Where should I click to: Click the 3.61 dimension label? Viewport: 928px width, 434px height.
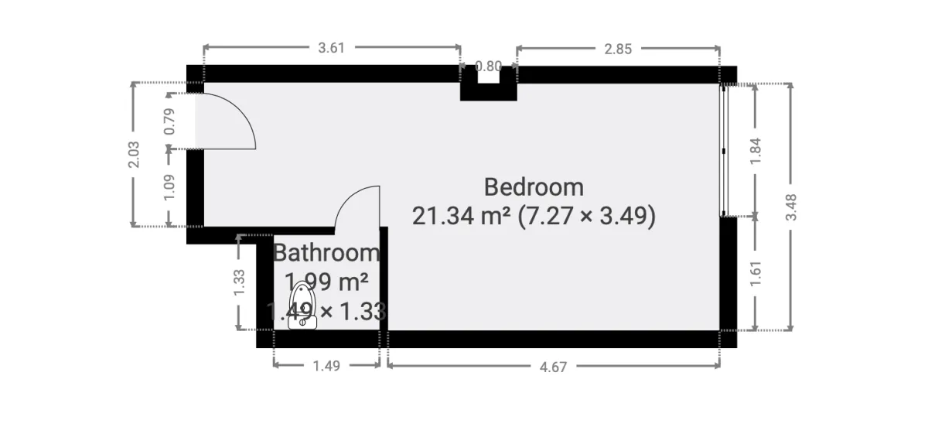pyautogui.click(x=331, y=48)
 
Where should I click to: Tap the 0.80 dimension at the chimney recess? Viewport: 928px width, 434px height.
pyautogui.click(x=489, y=67)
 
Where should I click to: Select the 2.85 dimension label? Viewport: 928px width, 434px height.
pyautogui.click(x=618, y=48)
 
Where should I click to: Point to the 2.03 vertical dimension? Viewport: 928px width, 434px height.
pyautogui.click(x=134, y=155)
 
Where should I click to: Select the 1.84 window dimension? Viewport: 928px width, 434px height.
pyautogui.click(x=756, y=150)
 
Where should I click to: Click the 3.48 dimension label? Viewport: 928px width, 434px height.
pyautogui.click(x=790, y=207)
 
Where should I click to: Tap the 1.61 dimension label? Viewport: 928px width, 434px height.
pyautogui.click(x=756, y=273)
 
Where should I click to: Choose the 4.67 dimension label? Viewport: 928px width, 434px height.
pyautogui.click(x=553, y=367)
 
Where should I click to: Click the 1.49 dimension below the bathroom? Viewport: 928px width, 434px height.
pyautogui.click(x=326, y=366)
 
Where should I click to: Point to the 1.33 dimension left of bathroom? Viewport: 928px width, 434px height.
pyautogui.click(x=239, y=282)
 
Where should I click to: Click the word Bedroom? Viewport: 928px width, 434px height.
pyautogui.click(x=534, y=187)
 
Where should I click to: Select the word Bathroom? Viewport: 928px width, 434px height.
pyautogui.click(x=326, y=253)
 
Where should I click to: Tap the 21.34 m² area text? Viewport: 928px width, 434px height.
pyautogui.click(x=461, y=216)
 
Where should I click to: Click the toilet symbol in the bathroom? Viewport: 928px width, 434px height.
pyautogui.click(x=302, y=307)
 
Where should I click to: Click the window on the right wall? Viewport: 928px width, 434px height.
pyautogui.click(x=723, y=150)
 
